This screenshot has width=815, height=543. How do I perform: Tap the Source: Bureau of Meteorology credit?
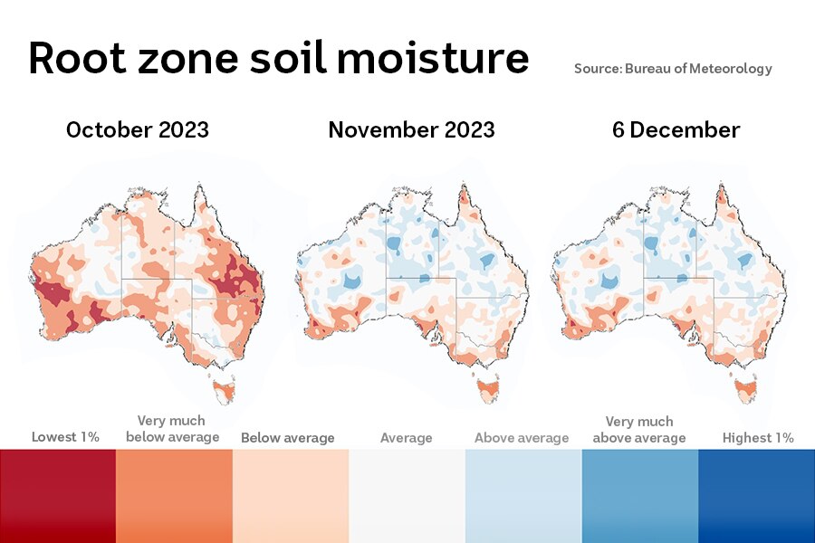click(x=673, y=69)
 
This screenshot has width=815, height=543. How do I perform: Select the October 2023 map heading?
click(x=138, y=129)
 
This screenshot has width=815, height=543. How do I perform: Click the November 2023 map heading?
click(x=411, y=129)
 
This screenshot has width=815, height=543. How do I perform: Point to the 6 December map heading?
click(x=676, y=129)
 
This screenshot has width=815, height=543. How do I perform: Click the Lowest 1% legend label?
click(x=65, y=437)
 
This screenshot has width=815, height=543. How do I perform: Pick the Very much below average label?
click(x=173, y=429)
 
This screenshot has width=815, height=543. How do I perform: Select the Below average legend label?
click(x=287, y=438)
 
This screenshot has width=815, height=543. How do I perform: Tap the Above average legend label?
click(x=522, y=438)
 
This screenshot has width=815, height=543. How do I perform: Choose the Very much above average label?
click(x=639, y=429)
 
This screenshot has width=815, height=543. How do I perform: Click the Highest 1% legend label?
click(x=758, y=438)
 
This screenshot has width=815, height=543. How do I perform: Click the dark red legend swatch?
click(x=58, y=495)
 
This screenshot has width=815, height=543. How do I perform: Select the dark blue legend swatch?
click(x=756, y=495)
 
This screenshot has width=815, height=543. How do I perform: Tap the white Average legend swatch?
click(x=407, y=495)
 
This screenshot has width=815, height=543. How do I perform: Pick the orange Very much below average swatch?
click(x=174, y=495)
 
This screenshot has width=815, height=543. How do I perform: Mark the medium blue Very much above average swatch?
click(x=639, y=495)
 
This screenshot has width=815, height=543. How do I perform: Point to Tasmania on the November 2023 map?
click(x=487, y=388)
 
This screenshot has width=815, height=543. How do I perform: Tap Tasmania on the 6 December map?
click(x=747, y=390)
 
